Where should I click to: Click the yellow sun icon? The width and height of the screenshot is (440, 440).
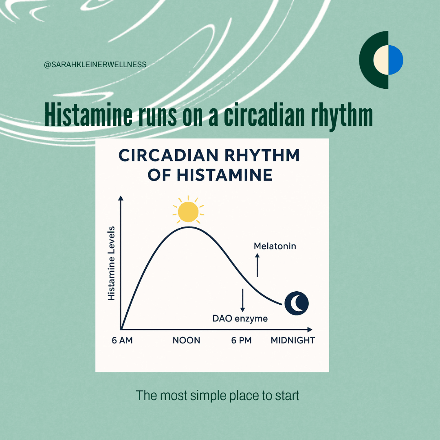click(x=188, y=211)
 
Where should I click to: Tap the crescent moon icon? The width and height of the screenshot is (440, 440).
click(x=297, y=304)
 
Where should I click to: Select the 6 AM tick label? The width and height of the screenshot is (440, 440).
click(x=122, y=340)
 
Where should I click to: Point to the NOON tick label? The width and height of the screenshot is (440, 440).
click(x=186, y=340)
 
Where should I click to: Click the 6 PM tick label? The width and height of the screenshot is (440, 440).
click(x=241, y=340)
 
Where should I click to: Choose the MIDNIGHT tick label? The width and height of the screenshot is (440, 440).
click(x=293, y=340)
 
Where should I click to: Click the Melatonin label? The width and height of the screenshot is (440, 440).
click(x=275, y=246)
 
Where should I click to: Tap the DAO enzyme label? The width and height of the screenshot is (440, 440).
click(x=240, y=319)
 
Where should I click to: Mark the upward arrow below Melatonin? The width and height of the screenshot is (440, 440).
click(x=257, y=265)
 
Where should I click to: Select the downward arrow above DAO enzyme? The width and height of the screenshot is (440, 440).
click(x=243, y=300)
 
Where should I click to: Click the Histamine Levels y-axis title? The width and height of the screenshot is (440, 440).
click(x=111, y=264)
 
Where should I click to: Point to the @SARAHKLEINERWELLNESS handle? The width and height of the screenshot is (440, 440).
click(x=95, y=64)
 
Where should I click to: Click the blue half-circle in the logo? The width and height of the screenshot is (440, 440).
click(x=395, y=60)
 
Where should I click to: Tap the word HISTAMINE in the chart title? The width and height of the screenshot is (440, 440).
click(x=224, y=175)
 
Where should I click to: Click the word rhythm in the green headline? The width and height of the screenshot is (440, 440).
click(x=341, y=115)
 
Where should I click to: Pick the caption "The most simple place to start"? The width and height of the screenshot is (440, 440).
click(x=218, y=396)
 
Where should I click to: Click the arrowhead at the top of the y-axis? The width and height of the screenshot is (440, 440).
click(x=121, y=198)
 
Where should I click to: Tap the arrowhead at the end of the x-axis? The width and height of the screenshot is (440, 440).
click(x=310, y=330)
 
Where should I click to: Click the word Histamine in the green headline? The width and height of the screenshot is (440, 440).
click(x=88, y=115)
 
